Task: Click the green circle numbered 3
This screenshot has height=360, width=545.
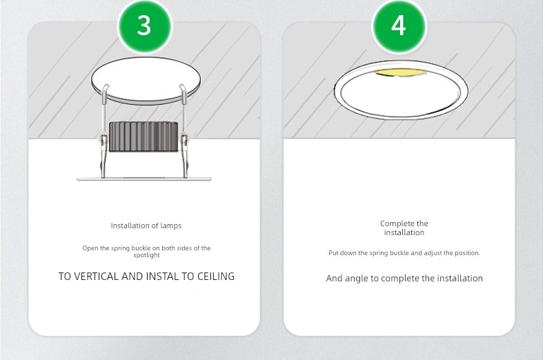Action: click(x=145, y=26)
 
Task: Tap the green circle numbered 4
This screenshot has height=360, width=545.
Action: click(x=399, y=26)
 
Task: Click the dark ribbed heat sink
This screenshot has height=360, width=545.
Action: click(x=143, y=137)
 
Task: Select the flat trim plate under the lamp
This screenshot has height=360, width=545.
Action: click(x=144, y=179)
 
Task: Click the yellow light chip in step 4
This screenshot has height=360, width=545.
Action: click(x=401, y=72)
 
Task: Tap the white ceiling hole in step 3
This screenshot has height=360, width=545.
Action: click(x=146, y=79)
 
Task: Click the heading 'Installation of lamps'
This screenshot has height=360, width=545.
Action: click(x=146, y=226)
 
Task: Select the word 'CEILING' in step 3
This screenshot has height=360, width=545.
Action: click(x=216, y=277)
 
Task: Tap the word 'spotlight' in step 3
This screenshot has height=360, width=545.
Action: click(x=146, y=255)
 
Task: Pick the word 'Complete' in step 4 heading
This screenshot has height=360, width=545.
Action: click(x=392, y=223)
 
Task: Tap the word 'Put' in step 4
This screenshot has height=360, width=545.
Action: click(x=333, y=253)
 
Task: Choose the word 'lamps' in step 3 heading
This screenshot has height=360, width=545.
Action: click(x=170, y=226)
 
